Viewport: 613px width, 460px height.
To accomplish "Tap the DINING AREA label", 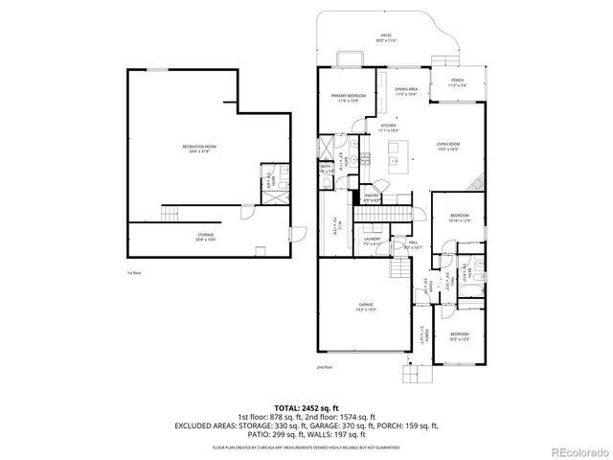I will click(406, 90).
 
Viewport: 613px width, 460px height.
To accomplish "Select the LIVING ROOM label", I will click(449, 147).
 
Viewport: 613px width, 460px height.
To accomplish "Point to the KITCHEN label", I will click(389, 126).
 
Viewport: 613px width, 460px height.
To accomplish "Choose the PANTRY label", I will click(373, 196).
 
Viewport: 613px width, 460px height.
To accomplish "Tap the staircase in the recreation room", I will click(171, 212).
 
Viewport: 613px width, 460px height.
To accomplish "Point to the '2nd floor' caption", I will click(324, 367).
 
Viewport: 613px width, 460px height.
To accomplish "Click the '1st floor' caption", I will click(133, 273).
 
